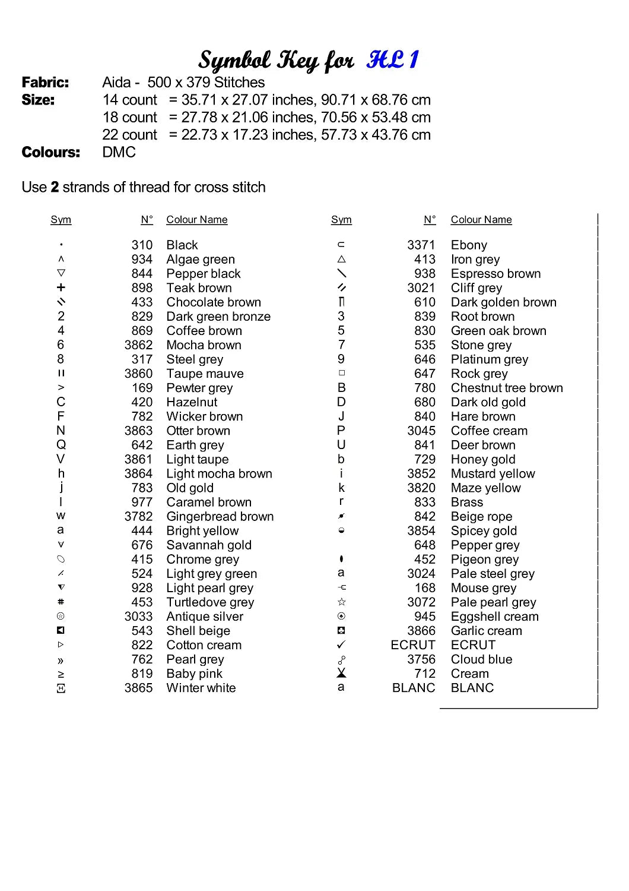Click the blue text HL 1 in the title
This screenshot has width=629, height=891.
(x=393, y=60)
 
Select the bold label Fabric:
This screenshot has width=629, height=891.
(x=45, y=83)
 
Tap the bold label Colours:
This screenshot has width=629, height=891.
(x=50, y=153)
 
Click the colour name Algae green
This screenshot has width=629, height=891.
(x=201, y=260)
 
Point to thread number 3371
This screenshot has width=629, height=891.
(x=421, y=245)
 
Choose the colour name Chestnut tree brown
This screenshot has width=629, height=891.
(x=507, y=388)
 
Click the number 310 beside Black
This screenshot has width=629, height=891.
(x=142, y=245)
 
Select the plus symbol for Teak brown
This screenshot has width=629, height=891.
(x=61, y=287)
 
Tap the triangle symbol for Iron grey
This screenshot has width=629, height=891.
(x=341, y=259)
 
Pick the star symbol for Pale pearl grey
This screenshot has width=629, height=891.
(x=341, y=602)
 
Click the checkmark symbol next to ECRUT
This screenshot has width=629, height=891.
(x=341, y=644)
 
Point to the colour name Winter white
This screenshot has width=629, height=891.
(x=201, y=688)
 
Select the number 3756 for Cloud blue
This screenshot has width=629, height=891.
(x=421, y=659)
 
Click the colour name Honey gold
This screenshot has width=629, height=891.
(x=483, y=459)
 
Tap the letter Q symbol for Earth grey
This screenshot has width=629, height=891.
(x=61, y=445)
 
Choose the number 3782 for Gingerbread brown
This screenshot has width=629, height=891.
(x=138, y=517)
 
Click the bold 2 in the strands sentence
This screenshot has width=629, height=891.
(x=55, y=187)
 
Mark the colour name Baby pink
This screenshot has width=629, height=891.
(x=194, y=674)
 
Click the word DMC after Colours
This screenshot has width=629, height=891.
(x=119, y=153)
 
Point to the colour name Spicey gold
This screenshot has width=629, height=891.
(x=484, y=531)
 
